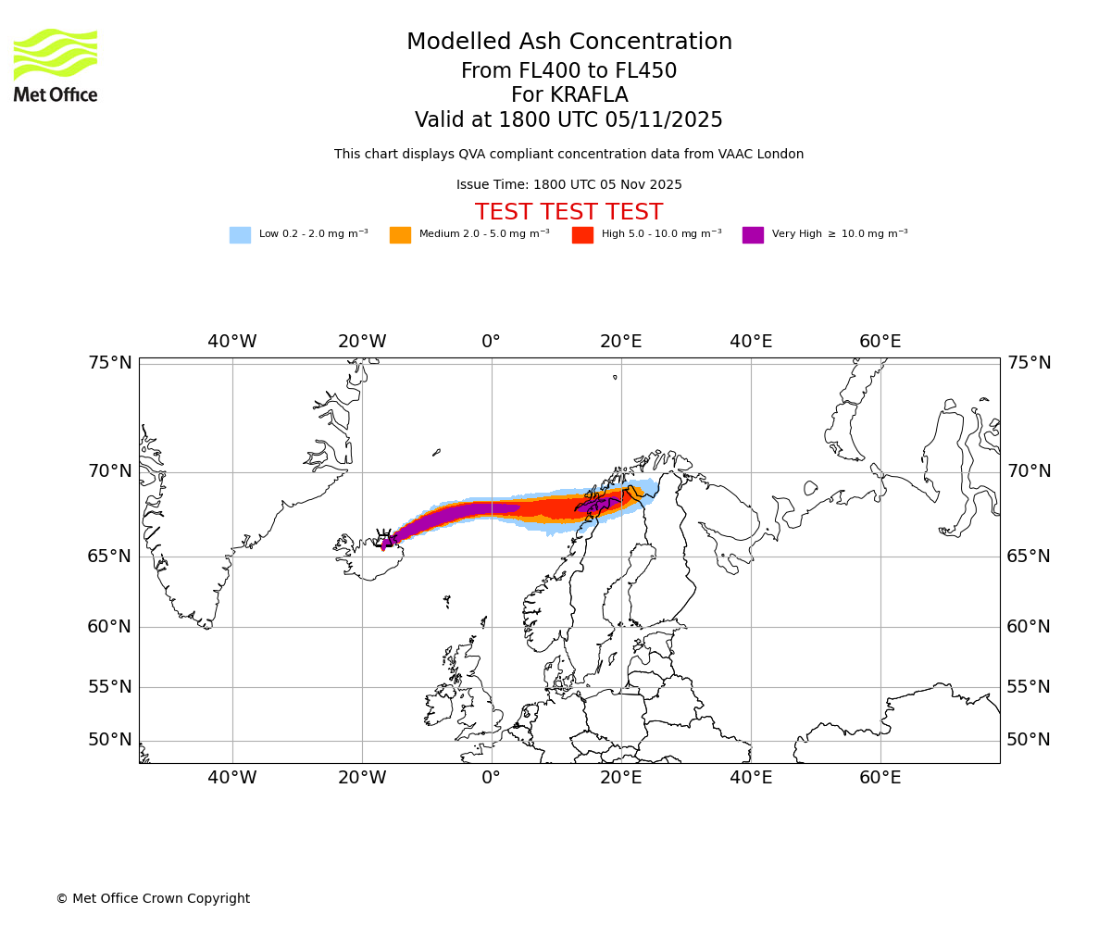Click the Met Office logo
(56, 65)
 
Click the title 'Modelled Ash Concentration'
(569, 43)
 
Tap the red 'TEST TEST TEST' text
(568, 213)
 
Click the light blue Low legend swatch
(240, 235)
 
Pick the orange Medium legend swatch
(400, 235)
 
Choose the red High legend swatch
(582, 235)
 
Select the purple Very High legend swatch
(753, 235)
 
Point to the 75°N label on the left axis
(110, 363)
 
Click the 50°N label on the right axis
(1029, 740)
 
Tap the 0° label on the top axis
(491, 342)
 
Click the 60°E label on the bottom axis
(880, 778)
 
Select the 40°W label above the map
(232, 342)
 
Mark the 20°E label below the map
(620, 778)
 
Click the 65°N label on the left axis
(110, 557)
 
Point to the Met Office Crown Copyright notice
(153, 899)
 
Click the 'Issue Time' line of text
(568, 185)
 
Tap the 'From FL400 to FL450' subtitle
(568, 71)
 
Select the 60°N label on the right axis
(1029, 627)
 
